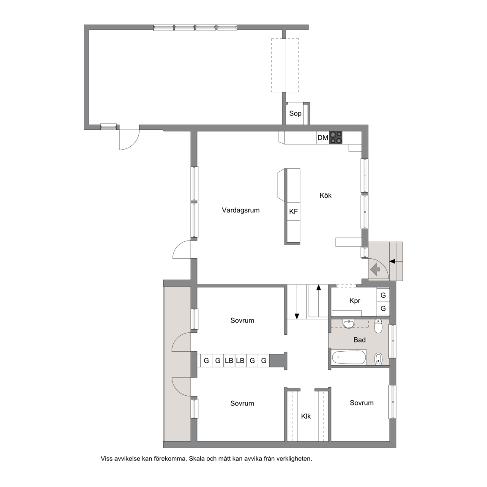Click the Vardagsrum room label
click(241, 210)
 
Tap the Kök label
click(326, 195)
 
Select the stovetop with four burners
click(336, 137)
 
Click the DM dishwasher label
click(323, 137)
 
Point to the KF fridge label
click(293, 211)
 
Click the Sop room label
click(295, 114)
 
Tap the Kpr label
click(355, 301)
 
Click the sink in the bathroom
click(349, 324)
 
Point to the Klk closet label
click(306, 416)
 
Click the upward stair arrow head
click(318, 287)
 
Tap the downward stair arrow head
click(297, 316)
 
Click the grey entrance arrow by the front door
click(375, 269)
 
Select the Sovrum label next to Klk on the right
click(361, 403)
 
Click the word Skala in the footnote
click(197, 458)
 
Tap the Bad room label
click(359, 340)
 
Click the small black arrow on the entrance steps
click(392, 262)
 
